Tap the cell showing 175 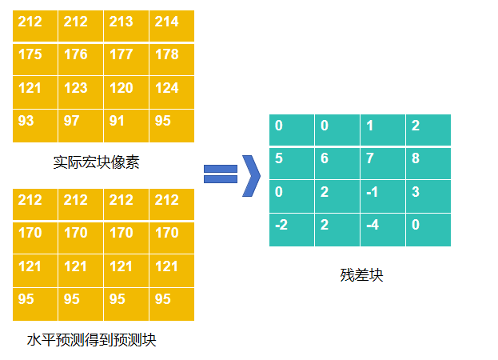pyautogui.click(x=35, y=58)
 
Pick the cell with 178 pyautogui.click(x=172, y=58)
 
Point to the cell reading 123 pyautogui.click(x=81, y=92)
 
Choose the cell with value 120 pyautogui.click(x=126, y=92)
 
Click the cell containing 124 pyautogui.click(x=172, y=92)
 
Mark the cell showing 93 pyautogui.click(x=35, y=125)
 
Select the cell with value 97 pyautogui.click(x=81, y=125)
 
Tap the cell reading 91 pyautogui.click(x=126, y=125)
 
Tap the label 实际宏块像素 pyautogui.click(x=96, y=163)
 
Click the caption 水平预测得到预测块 pyautogui.click(x=91, y=341)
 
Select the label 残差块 pyautogui.click(x=361, y=276)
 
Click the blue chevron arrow pyautogui.click(x=251, y=174)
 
